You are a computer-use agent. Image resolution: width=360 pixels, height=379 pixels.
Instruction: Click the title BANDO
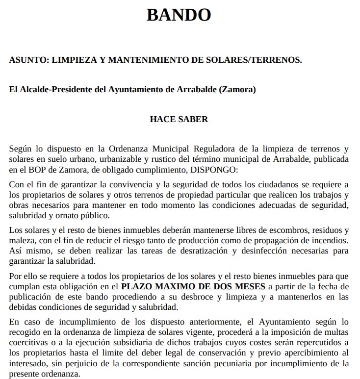(179, 15)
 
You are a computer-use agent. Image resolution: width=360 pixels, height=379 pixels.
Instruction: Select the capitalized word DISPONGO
(214, 170)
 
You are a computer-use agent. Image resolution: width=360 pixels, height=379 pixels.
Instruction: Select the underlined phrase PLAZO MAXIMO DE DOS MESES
(193, 286)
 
